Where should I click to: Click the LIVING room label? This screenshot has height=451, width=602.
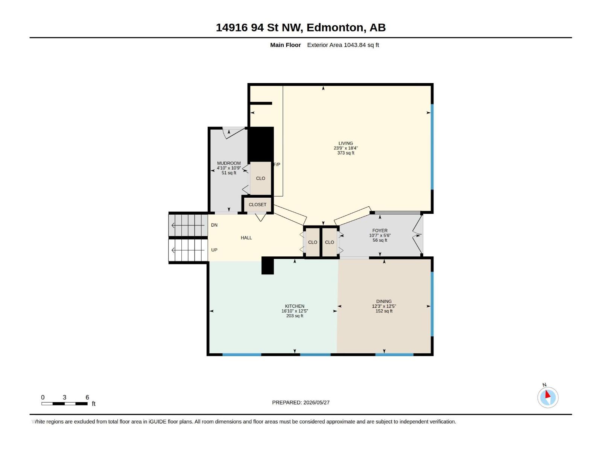[x=345, y=143]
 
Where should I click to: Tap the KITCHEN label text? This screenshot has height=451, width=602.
[x=295, y=306]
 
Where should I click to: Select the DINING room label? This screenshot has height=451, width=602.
[x=384, y=301]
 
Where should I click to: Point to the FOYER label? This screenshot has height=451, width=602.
[x=380, y=230]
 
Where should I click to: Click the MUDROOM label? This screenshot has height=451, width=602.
[x=229, y=163]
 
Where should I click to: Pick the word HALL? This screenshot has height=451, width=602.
[x=246, y=238]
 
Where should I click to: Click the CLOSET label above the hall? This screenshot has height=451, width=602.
[x=257, y=204]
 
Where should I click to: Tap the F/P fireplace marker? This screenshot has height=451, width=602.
[x=277, y=165]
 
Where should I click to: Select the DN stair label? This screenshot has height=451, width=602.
[x=214, y=225]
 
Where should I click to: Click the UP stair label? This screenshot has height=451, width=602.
[x=214, y=250]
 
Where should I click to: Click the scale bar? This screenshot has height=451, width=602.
[x=64, y=404]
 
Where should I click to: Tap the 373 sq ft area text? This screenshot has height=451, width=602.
[x=345, y=153]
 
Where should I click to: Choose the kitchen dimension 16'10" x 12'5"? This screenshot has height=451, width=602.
[x=295, y=311]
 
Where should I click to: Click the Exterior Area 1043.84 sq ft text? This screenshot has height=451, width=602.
[x=343, y=45]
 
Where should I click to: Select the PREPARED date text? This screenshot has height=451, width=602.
[x=301, y=403]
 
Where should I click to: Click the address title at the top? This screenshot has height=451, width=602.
[x=301, y=27]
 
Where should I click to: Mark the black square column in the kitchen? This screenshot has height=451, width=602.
[x=268, y=266]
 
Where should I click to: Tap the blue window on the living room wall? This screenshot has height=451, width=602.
[x=432, y=147]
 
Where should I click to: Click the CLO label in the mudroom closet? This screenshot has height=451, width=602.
[x=260, y=178]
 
